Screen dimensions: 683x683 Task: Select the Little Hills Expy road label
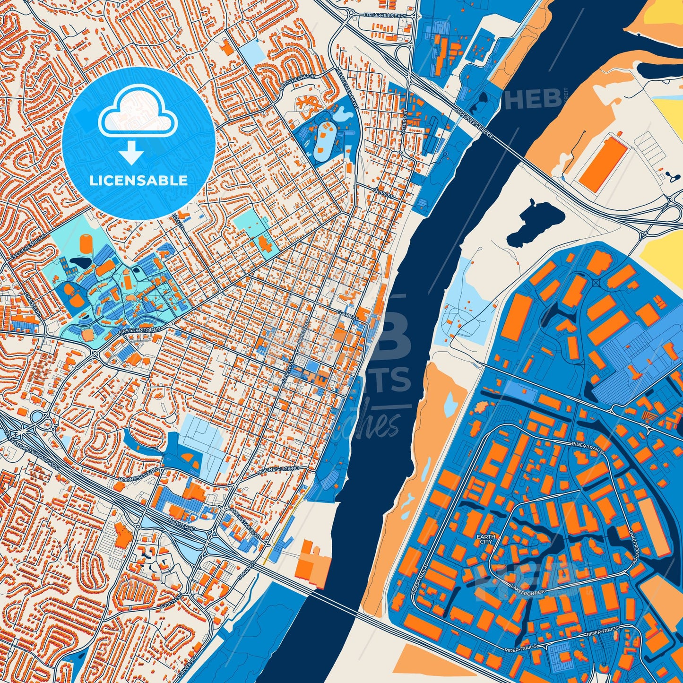pos(385,16)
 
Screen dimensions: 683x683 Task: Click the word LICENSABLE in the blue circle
pos(139,181)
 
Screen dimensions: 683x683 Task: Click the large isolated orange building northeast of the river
pos(603,162)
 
